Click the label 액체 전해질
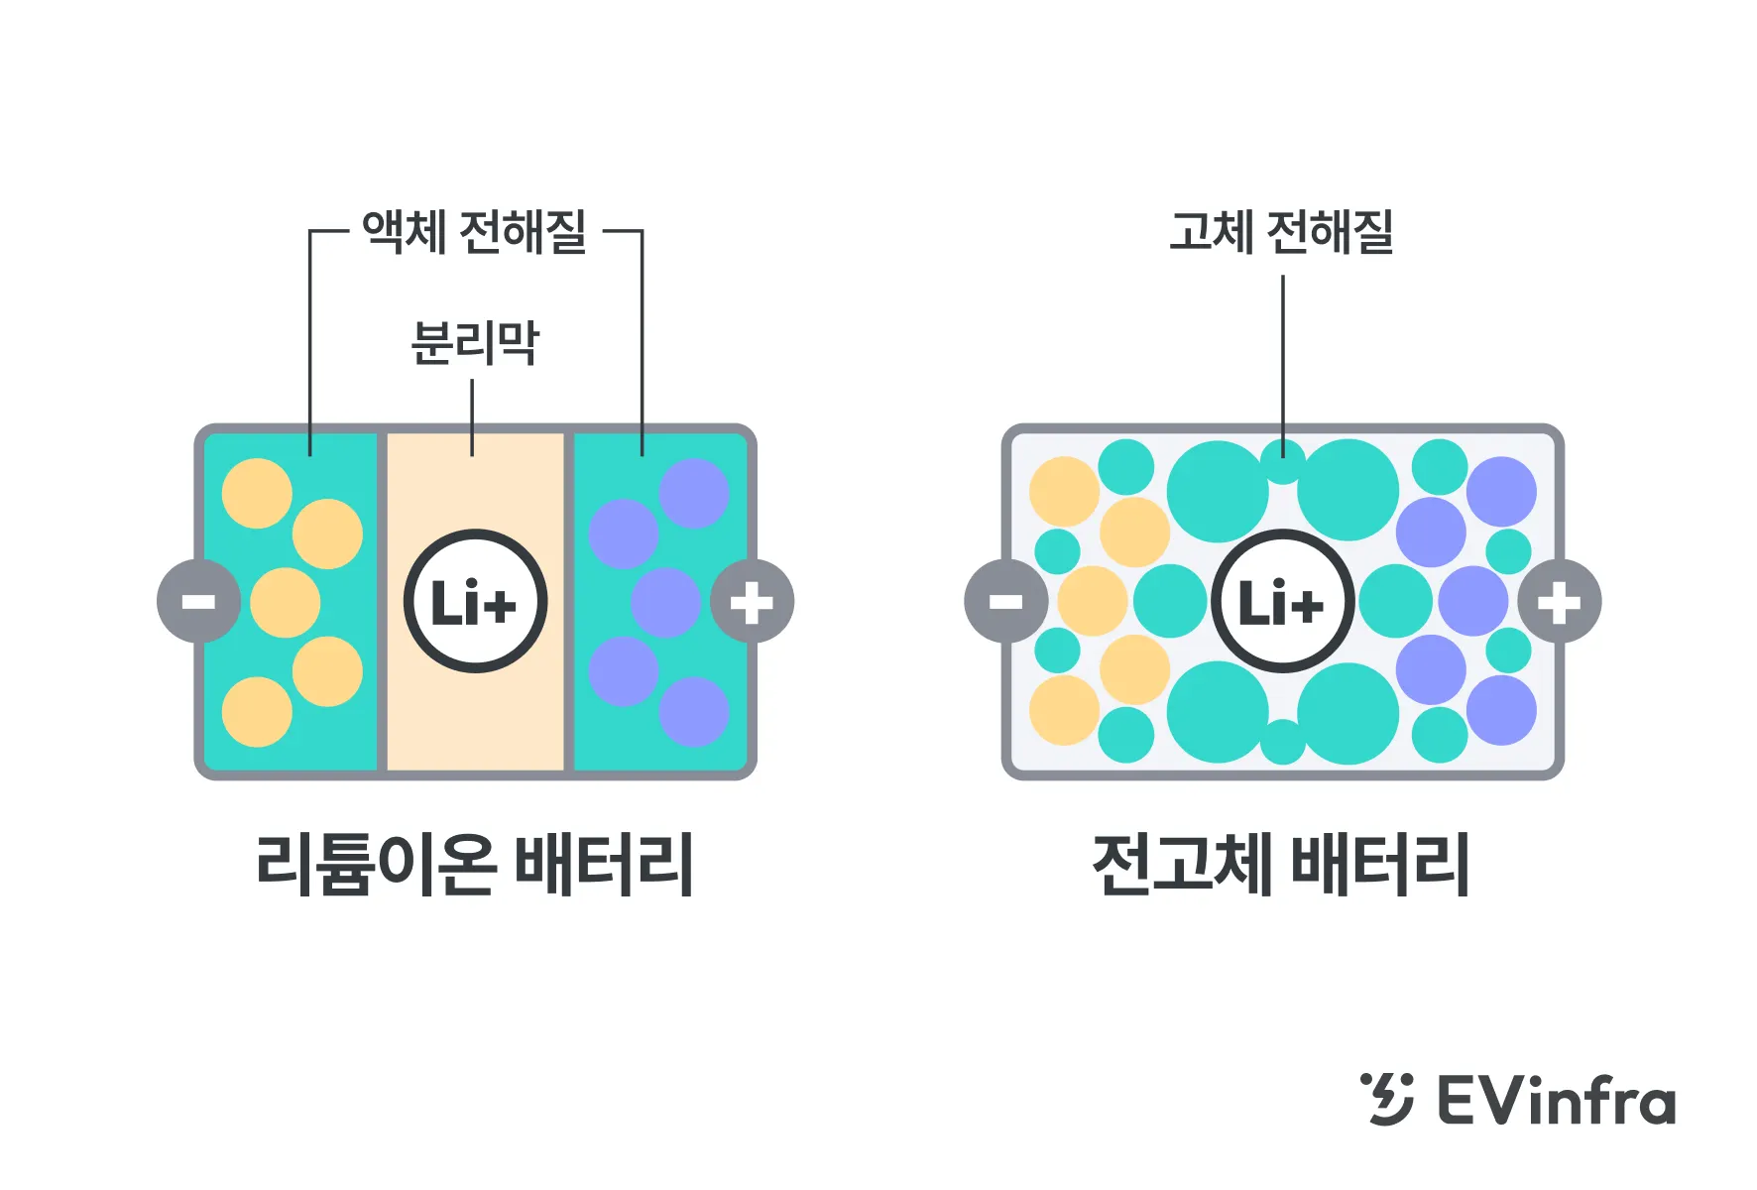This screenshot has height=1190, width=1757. pos(474,232)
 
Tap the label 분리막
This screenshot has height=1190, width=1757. pos(474,343)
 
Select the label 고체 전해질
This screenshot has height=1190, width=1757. pos(1281,232)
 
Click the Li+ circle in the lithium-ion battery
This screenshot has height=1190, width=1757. pos(475,601)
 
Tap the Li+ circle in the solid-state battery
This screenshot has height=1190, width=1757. pos(1282,601)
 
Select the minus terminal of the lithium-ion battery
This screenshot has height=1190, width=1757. pos(198,601)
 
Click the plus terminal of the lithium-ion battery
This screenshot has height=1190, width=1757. pos(752,601)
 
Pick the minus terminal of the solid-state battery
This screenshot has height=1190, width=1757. pos(1005,601)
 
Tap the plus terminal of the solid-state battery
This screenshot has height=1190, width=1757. pos(1559,601)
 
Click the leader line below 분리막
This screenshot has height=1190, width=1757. pos(472,417)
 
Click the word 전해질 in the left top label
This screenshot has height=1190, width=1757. pos(524,232)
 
